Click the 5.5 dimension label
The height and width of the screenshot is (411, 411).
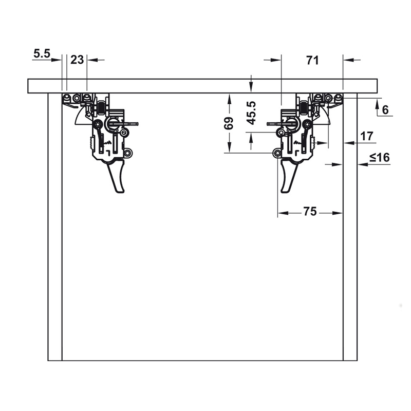pyautogui.click(x=42, y=52)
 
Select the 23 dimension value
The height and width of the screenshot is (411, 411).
pyautogui.click(x=77, y=60)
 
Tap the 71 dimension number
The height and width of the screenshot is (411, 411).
pyautogui.click(x=312, y=60)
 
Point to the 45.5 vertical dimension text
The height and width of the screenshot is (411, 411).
pyautogui.click(x=251, y=113)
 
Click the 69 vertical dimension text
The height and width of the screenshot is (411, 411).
pyautogui.click(x=229, y=123)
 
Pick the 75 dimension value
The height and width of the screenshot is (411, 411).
pyautogui.click(x=309, y=211)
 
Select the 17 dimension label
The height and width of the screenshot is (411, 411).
pyautogui.click(x=366, y=136)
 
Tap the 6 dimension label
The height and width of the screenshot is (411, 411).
pyautogui.click(x=385, y=109)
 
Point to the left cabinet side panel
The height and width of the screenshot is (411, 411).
pyautogui.click(x=55, y=226)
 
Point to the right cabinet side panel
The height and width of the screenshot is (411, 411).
pyautogui.click(x=350, y=226)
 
